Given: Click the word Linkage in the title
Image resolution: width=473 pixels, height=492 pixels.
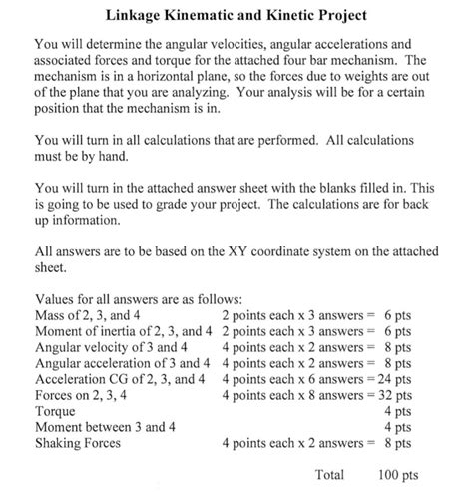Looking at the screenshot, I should click(141, 17).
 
